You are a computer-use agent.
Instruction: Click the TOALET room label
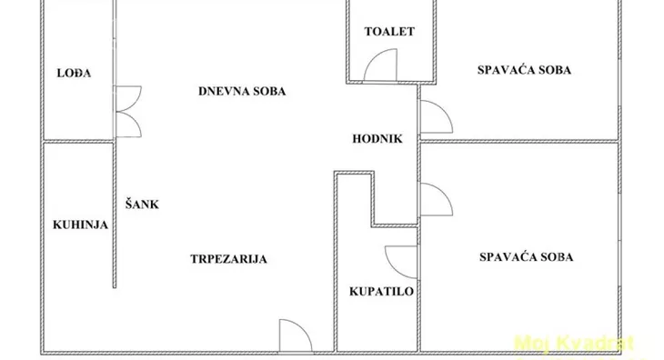click(x=389, y=32)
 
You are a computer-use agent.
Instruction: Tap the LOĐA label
click(x=65, y=74)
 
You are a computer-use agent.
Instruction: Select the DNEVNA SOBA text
click(x=243, y=91)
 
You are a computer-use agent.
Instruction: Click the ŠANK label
click(x=142, y=205)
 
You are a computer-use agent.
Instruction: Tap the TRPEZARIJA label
click(x=228, y=259)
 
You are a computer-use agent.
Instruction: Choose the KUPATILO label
click(x=382, y=292)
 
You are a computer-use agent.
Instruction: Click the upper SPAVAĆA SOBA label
click(x=529, y=70)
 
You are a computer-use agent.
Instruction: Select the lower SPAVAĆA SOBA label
click(x=527, y=257)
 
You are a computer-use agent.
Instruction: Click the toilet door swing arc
click(x=380, y=65)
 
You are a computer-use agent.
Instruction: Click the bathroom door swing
click(x=401, y=262)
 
